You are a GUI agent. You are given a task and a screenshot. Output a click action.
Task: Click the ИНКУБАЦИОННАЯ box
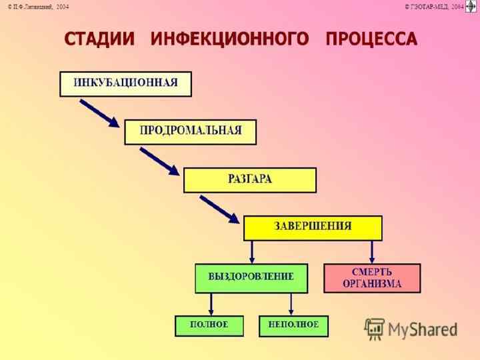[x=126, y=83]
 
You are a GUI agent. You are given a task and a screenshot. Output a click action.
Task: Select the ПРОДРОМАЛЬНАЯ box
[x=190, y=131]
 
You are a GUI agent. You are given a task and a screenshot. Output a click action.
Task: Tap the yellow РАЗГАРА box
[x=250, y=180]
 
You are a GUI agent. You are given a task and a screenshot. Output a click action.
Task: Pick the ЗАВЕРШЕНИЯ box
[x=313, y=227]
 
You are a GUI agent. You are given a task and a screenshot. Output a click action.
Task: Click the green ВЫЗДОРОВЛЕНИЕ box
[x=251, y=278]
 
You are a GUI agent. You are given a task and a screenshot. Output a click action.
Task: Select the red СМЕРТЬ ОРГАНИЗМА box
[x=372, y=278]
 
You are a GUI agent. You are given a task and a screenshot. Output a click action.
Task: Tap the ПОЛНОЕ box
[x=209, y=325]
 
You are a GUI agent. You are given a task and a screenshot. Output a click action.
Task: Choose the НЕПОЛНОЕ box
[x=293, y=325]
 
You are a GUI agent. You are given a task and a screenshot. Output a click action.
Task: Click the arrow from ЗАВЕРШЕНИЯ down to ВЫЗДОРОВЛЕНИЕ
[x=252, y=252]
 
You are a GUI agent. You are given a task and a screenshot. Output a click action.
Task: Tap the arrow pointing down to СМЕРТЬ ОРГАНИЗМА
[x=372, y=252]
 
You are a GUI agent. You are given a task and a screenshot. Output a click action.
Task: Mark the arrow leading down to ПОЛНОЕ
[x=211, y=304]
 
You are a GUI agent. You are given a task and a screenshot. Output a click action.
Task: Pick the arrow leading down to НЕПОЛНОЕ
[x=291, y=304]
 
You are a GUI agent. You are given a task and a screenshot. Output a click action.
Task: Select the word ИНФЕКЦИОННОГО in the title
[x=230, y=39]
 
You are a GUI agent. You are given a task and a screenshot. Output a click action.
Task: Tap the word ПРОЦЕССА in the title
[x=371, y=39]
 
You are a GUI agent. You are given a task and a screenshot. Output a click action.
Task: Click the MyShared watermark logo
[x=411, y=329]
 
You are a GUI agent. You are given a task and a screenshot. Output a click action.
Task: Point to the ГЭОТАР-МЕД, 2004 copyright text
[x=433, y=6]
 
